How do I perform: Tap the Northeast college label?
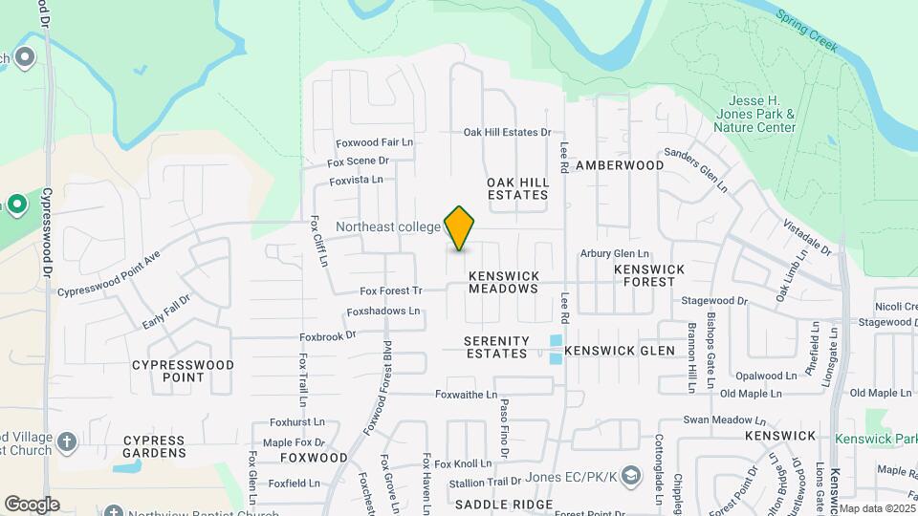click(x=387, y=227)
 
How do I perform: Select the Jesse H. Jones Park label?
click(x=761, y=114)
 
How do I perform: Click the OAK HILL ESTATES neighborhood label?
click(x=517, y=188)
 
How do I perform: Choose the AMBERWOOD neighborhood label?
click(x=620, y=165)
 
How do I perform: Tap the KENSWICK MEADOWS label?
click(x=504, y=282)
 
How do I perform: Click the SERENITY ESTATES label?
click(x=496, y=347)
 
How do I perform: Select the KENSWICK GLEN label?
click(x=620, y=351)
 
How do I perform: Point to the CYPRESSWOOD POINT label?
click(x=183, y=371)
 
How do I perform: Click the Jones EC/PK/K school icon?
click(x=631, y=475)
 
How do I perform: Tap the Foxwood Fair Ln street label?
click(x=374, y=142)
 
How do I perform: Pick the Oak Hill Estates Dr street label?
click(x=508, y=133)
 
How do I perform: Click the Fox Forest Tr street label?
click(x=390, y=290)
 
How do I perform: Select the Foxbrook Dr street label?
click(x=327, y=335)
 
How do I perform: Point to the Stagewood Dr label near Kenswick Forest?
click(x=714, y=300)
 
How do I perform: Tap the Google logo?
click(x=32, y=505)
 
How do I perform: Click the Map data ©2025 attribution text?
click(x=876, y=508)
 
